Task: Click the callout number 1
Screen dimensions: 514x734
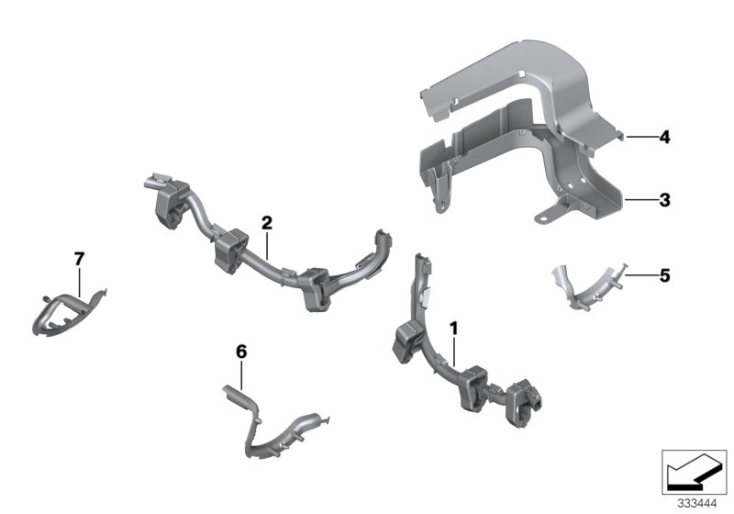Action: click(x=452, y=327)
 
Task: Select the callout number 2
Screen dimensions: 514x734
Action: click(x=266, y=222)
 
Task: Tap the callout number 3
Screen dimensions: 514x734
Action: click(x=664, y=198)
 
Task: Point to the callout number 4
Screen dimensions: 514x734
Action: click(x=664, y=139)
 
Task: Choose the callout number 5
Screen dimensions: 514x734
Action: click(x=664, y=274)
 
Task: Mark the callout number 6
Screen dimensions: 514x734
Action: click(x=241, y=352)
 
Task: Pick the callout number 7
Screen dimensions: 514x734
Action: click(x=78, y=259)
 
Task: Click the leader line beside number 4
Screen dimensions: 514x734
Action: click(x=639, y=139)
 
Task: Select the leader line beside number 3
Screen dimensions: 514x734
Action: click(x=639, y=198)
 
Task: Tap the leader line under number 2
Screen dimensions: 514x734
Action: click(x=266, y=244)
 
